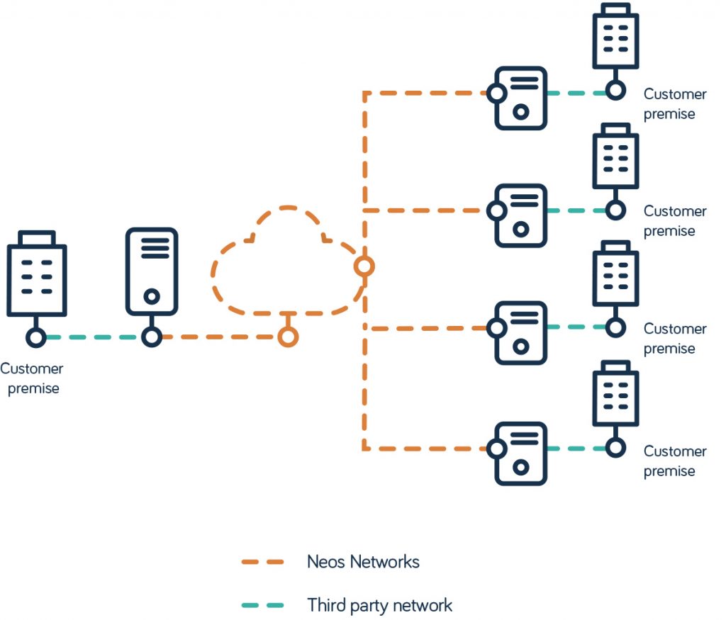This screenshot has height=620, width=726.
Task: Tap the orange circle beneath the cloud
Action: [x=287, y=337]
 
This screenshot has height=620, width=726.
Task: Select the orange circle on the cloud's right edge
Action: [x=364, y=266]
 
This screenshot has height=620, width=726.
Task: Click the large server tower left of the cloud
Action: [x=151, y=271]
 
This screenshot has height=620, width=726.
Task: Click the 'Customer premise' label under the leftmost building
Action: [x=32, y=378]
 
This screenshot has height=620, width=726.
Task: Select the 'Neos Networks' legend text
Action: [x=363, y=562]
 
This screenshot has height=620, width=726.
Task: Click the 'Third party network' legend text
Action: [x=379, y=605]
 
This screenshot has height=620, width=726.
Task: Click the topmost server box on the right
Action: [x=520, y=98]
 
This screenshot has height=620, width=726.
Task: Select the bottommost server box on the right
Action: [x=520, y=453]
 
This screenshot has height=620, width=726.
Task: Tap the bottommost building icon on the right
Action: [x=615, y=394]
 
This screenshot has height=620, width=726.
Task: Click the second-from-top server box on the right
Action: [x=520, y=215]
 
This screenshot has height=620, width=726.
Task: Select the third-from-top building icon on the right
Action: [x=615, y=274]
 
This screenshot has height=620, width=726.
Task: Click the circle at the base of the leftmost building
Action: [x=36, y=337]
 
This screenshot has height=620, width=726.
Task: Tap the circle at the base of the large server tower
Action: [x=151, y=337]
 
